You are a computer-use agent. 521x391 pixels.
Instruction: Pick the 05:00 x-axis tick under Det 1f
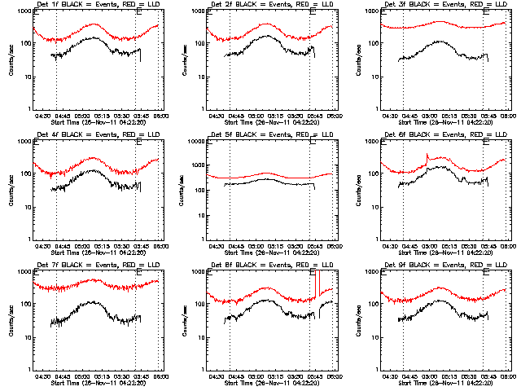[82, 116]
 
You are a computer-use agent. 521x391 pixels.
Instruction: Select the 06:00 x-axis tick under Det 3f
[509, 116]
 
